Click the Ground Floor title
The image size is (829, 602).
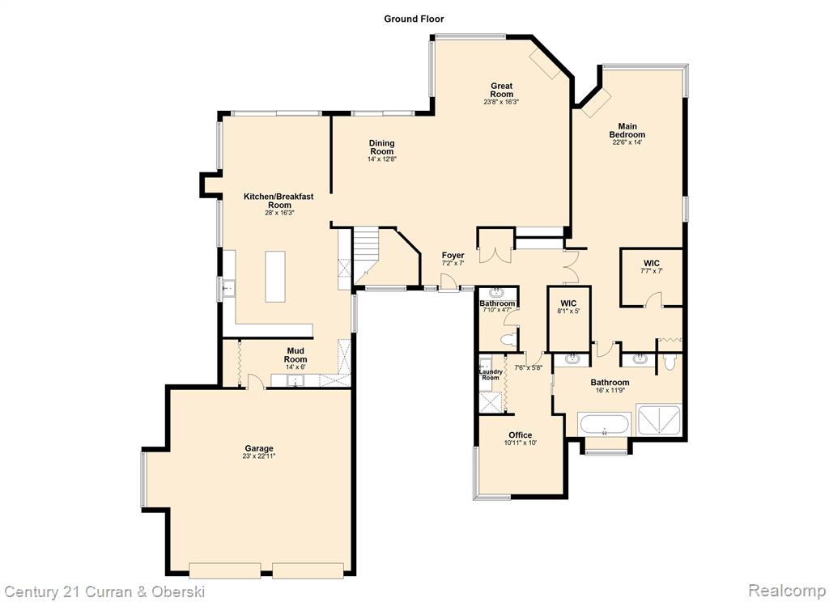pyautogui.click(x=414, y=19)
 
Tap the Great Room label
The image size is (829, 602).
pyautogui.click(x=502, y=90)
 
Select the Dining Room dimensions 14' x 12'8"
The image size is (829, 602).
pyautogui.click(x=382, y=159)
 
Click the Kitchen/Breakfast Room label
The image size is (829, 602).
pyautogui.click(x=278, y=201)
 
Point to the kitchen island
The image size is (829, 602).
pyautogui.click(x=275, y=277)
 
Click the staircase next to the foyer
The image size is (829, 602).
pyautogui.click(x=367, y=255)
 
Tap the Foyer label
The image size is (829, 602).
pyautogui.click(x=453, y=255)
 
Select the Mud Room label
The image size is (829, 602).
pyautogui.click(x=295, y=355)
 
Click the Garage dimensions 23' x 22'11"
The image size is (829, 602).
pyautogui.click(x=259, y=456)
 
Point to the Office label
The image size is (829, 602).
pyautogui.click(x=521, y=435)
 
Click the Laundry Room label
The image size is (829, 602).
pyautogui.click(x=491, y=375)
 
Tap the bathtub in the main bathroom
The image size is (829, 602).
pyautogui.click(x=604, y=424)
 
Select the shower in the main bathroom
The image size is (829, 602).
pyautogui.click(x=659, y=420)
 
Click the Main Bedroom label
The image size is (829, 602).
pyautogui.click(x=627, y=130)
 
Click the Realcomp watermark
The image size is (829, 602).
pyautogui.click(x=787, y=590)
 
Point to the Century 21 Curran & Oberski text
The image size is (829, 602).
pyautogui.click(x=104, y=591)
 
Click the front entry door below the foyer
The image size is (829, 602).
pyautogui.click(x=449, y=282)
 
